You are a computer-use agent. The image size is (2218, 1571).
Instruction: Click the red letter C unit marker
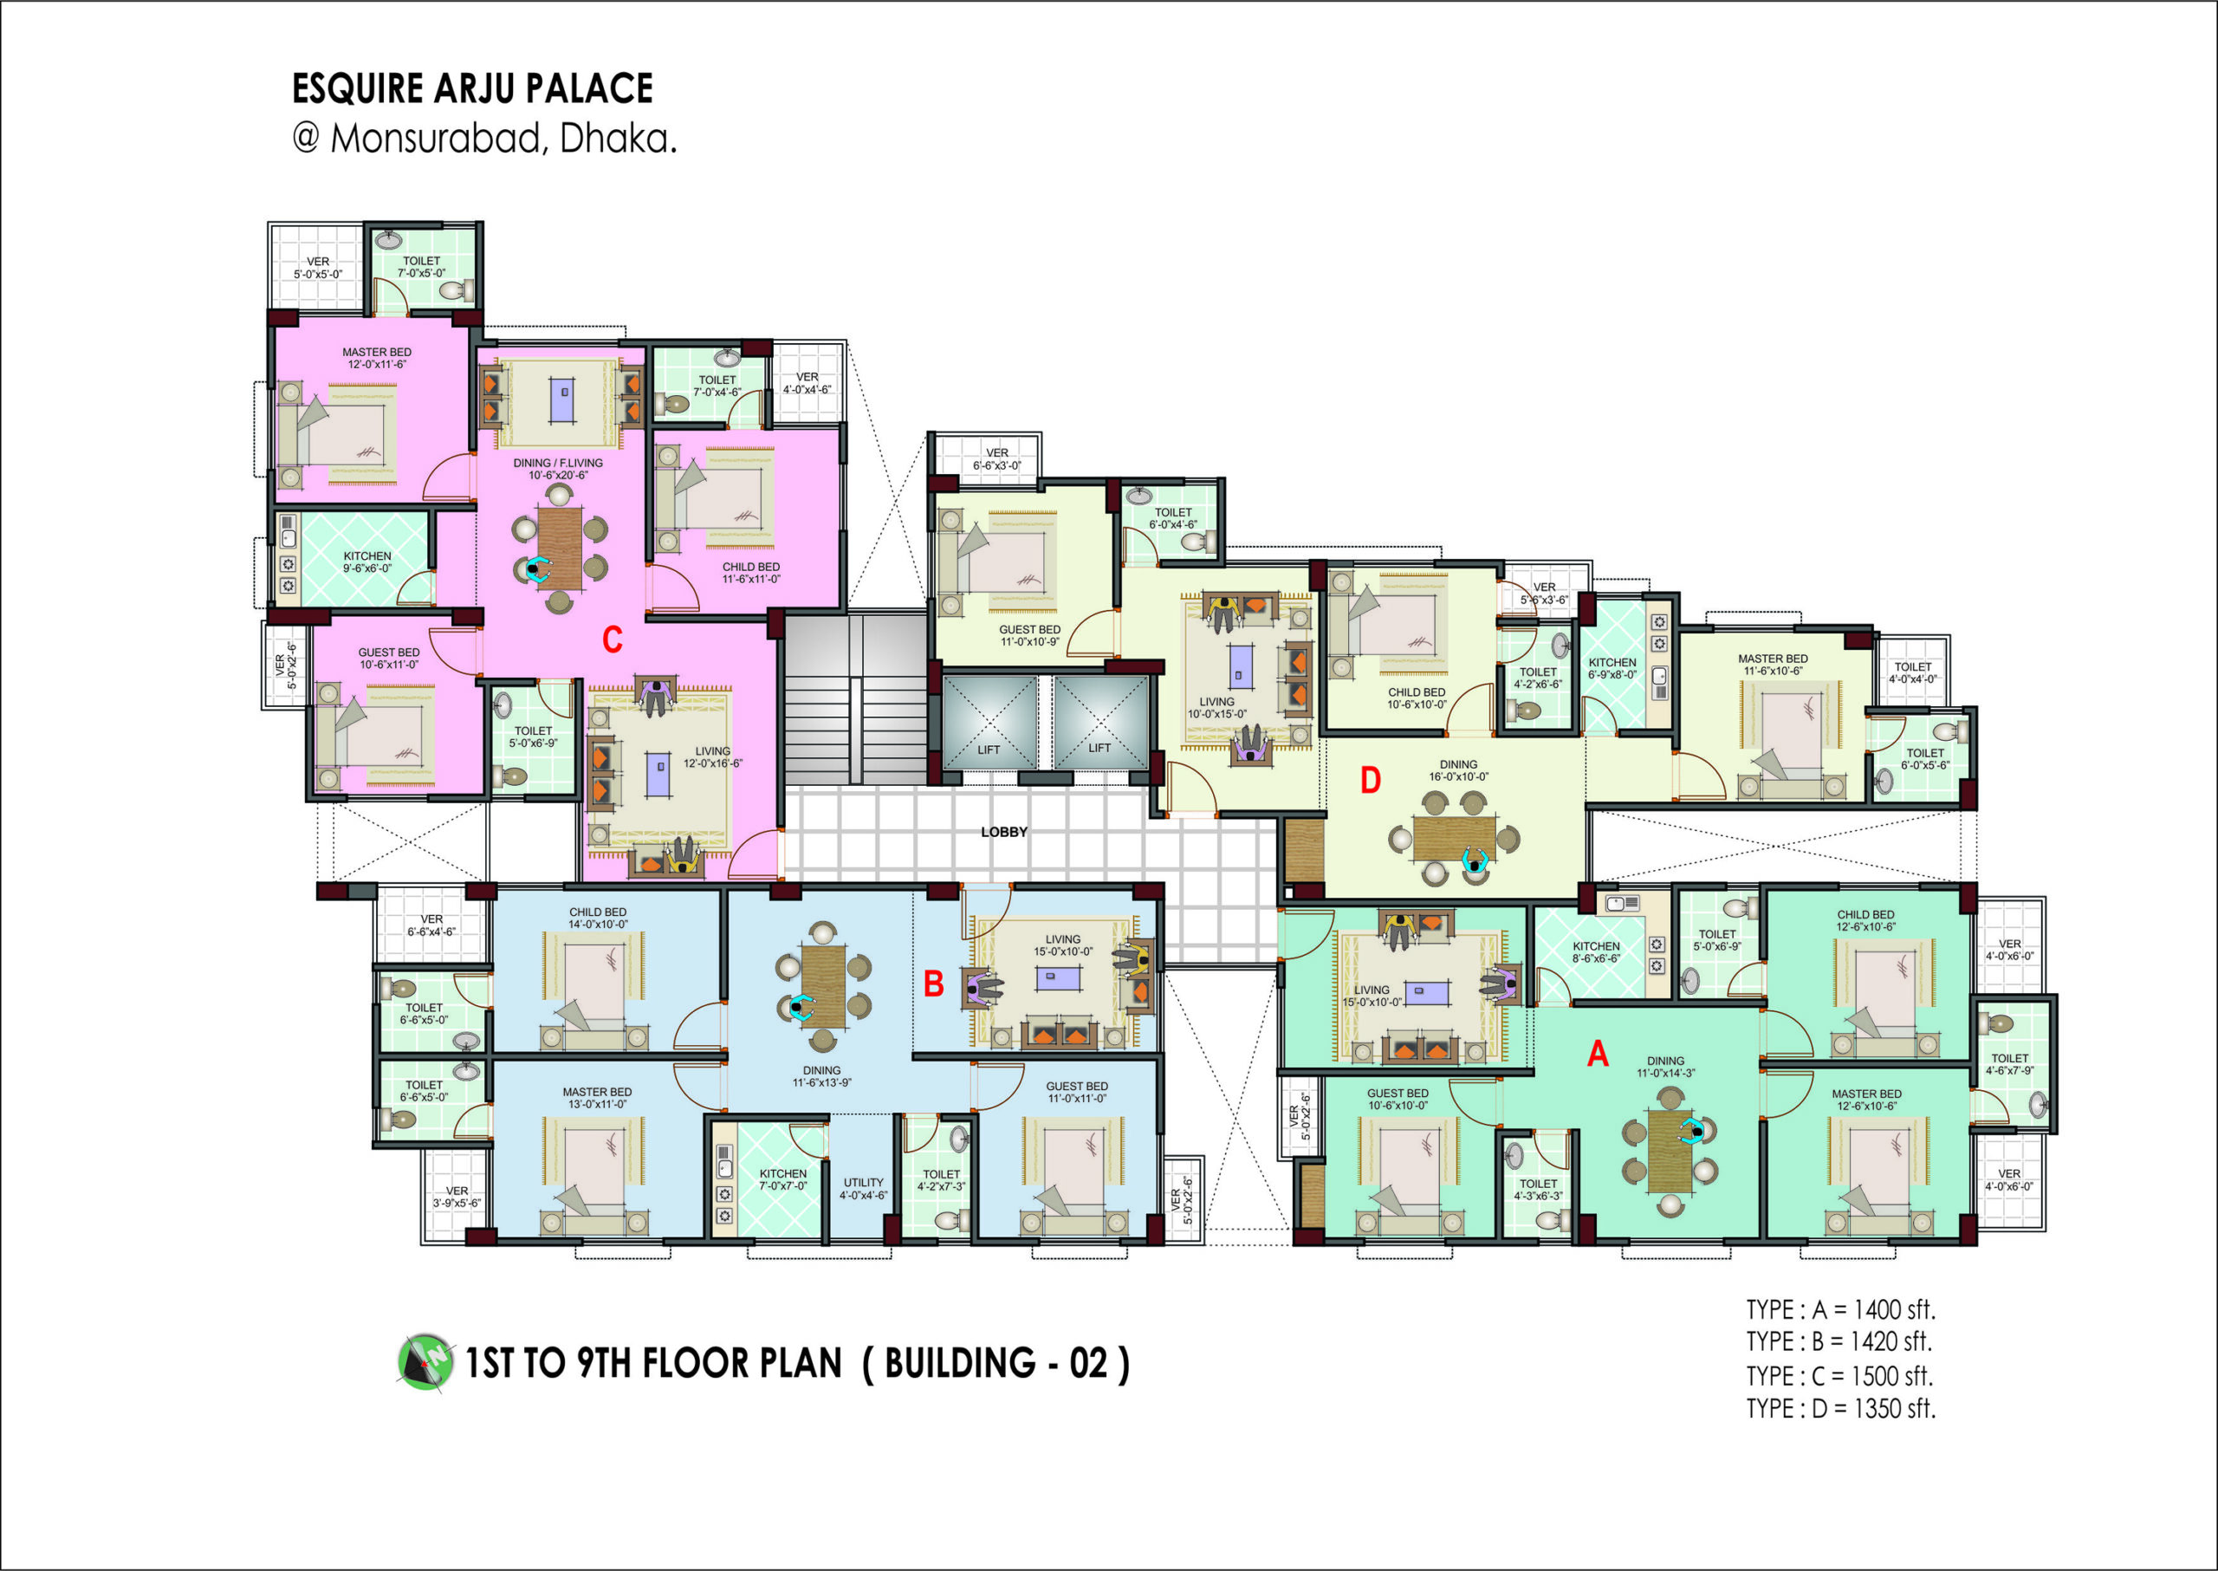click(613, 639)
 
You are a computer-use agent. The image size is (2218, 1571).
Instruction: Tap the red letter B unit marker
click(933, 983)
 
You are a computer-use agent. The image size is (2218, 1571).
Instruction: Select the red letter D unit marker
click(1371, 780)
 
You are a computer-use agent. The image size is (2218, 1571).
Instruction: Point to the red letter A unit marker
click(1597, 1054)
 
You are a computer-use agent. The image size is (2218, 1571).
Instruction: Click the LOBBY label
click(1004, 832)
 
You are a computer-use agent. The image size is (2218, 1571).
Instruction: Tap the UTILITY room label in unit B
click(863, 1182)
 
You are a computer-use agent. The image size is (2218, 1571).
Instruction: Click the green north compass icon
click(425, 1362)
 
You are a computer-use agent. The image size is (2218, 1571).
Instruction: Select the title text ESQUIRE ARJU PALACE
click(472, 88)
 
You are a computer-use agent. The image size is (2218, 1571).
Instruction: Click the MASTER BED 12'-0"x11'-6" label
click(376, 358)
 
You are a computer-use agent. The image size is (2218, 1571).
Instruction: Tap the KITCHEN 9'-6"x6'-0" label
click(367, 562)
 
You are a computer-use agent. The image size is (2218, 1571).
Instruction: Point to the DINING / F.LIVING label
click(558, 463)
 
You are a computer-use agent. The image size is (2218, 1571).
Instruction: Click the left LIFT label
click(989, 750)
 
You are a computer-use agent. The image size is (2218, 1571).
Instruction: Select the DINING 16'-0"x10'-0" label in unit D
click(1459, 770)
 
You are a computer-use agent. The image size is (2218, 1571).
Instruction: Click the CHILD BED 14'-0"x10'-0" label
click(598, 918)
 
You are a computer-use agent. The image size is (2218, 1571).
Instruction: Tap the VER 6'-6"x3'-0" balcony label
click(996, 458)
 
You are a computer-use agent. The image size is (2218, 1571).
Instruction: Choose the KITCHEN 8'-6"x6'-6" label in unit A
click(1596, 952)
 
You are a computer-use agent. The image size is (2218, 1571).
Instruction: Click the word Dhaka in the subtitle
click(617, 140)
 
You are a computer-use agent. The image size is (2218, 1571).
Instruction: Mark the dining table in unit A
click(1670, 1151)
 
